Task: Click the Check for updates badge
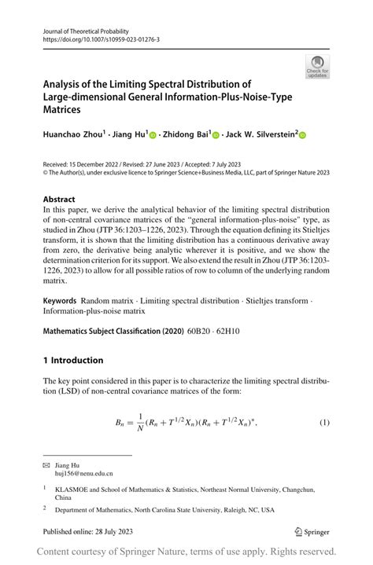(317, 66)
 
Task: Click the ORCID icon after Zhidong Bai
(215, 135)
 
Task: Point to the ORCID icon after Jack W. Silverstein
(302, 135)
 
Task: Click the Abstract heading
(59, 200)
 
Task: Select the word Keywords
(60, 301)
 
